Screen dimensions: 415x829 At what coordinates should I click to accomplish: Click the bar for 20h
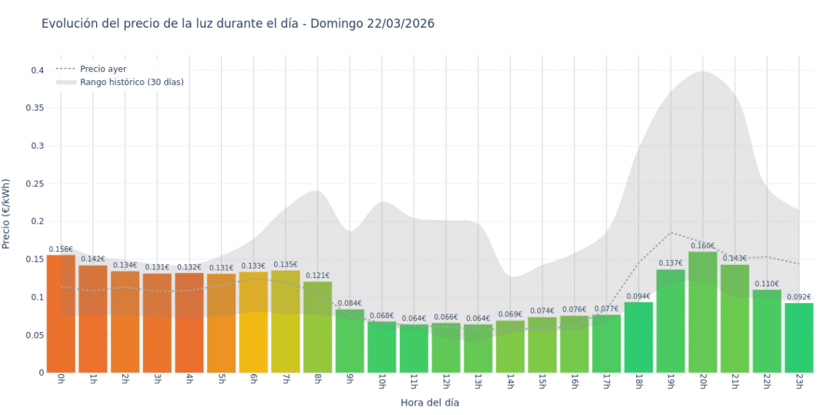point(702,313)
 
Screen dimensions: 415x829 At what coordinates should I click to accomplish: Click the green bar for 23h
point(798,338)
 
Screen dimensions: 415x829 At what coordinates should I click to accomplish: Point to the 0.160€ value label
point(702,246)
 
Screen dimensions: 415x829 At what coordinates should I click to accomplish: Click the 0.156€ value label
point(61,249)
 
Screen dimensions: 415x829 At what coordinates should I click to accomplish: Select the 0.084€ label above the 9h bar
point(350,304)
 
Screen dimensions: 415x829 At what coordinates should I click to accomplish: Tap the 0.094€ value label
point(638,296)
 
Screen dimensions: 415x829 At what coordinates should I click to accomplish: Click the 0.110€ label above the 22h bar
point(766,284)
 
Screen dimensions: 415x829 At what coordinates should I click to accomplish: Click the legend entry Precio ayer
point(103,69)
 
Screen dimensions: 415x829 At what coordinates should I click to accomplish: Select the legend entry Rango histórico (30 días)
point(132,82)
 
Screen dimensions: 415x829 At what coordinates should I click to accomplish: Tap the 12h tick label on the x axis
point(446,382)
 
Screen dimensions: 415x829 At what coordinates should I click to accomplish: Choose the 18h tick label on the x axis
point(638,382)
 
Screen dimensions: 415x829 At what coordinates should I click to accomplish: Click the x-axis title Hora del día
point(430,402)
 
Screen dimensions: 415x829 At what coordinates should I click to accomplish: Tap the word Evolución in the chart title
point(70,23)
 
